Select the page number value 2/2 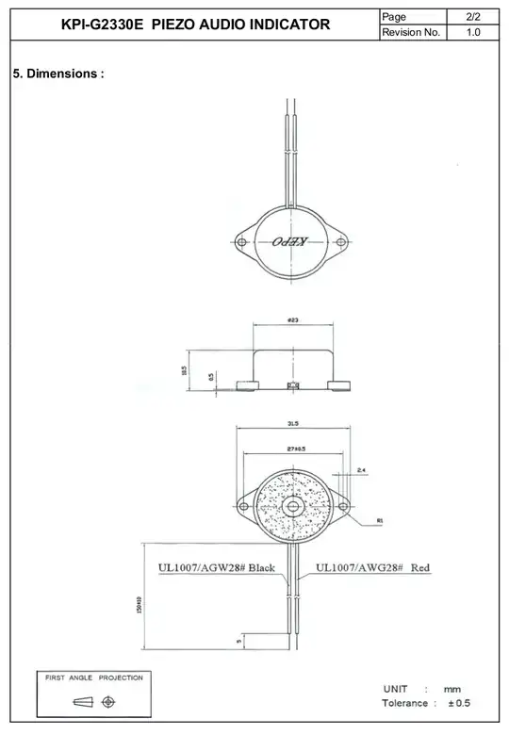tap(474, 15)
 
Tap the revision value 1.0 tap(474, 33)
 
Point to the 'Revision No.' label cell tap(411, 33)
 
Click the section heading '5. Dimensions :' tap(57, 73)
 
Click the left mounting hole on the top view tap(242, 242)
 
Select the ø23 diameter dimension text tap(292, 321)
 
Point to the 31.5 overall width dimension tap(294, 424)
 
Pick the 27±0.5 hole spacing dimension tap(294, 450)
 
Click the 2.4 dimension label tap(362, 470)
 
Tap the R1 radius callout tap(379, 519)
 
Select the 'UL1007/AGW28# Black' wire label tap(216, 568)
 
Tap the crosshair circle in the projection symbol tap(108, 702)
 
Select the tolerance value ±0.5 tap(459, 704)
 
